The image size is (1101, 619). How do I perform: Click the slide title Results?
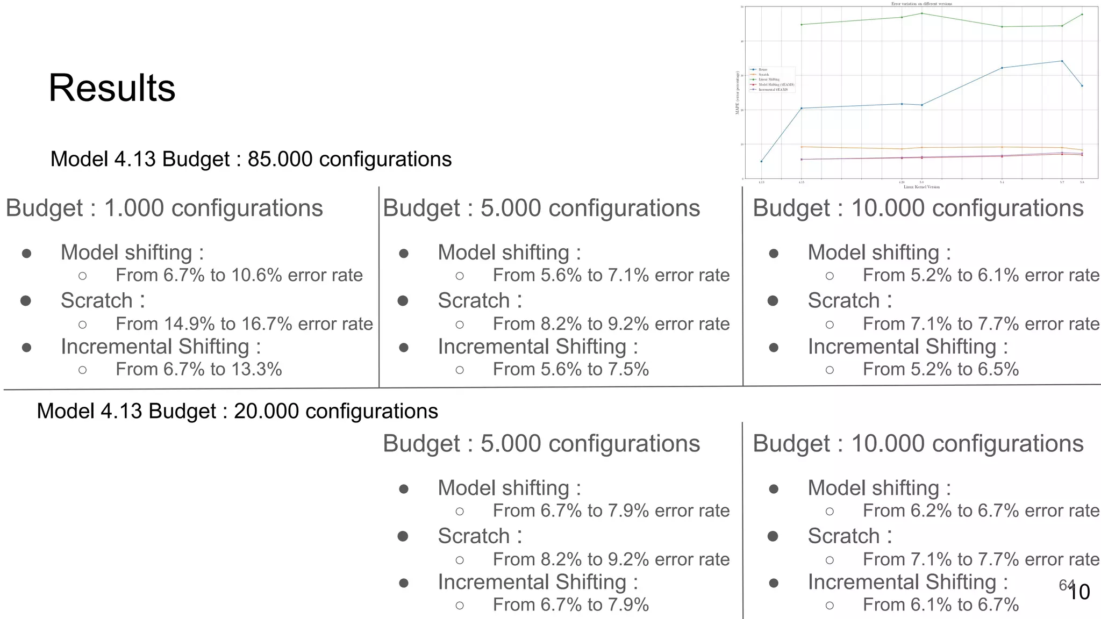(112, 88)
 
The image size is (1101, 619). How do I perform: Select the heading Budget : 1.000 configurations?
(164, 208)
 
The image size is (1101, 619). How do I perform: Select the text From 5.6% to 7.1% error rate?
(611, 276)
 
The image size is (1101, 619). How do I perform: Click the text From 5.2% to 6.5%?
(940, 370)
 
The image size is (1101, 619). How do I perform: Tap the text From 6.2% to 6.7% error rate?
(981, 511)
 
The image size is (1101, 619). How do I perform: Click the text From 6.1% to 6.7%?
(940, 605)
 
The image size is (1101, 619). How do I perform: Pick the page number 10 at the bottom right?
(1078, 592)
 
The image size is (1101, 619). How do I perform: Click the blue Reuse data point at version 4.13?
(761, 161)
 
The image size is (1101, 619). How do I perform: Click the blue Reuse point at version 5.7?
(1062, 61)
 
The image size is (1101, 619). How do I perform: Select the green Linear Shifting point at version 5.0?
(922, 13)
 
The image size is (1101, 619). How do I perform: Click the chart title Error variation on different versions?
(921, 4)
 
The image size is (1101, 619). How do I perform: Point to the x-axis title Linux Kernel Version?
(921, 187)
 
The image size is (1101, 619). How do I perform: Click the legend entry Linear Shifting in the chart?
(769, 80)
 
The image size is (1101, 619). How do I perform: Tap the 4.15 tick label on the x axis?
(801, 183)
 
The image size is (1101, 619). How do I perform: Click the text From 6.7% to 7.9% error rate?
(611, 511)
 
